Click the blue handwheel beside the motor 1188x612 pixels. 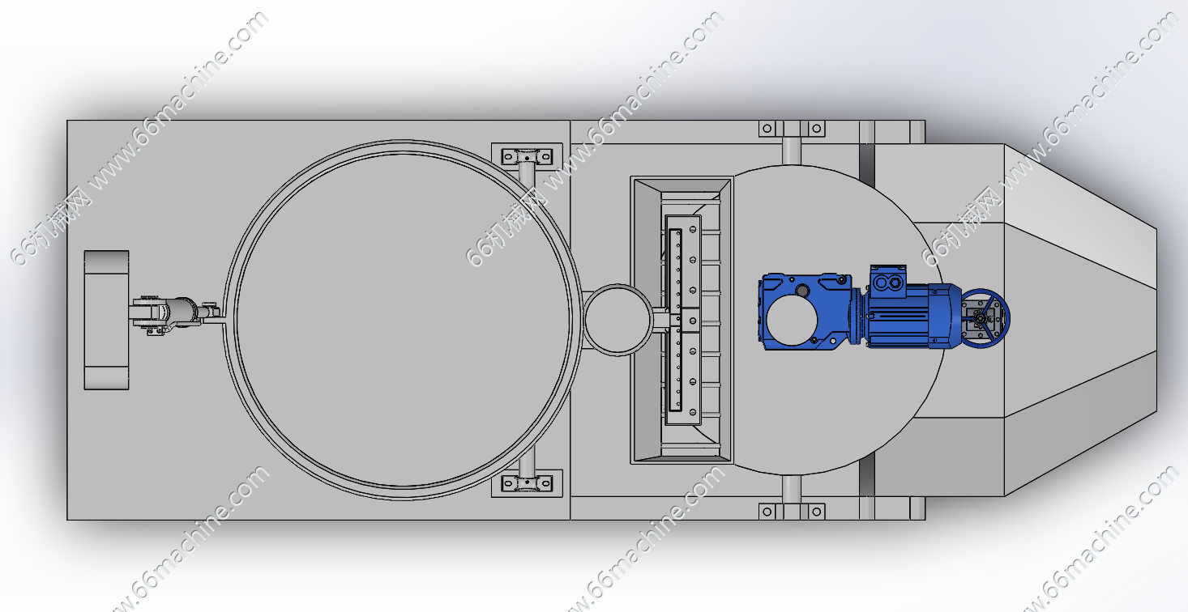pyautogui.click(x=986, y=318)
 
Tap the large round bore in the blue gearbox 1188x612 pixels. pyautogui.click(x=792, y=320)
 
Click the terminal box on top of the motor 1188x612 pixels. pyautogui.click(x=888, y=282)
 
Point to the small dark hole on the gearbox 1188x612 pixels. pyautogui.click(x=802, y=291)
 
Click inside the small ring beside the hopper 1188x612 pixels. pyautogui.click(x=618, y=320)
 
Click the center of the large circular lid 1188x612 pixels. pyautogui.click(x=403, y=320)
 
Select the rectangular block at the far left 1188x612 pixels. pyautogui.click(x=107, y=320)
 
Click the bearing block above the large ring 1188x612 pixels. pyautogui.click(x=527, y=157)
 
